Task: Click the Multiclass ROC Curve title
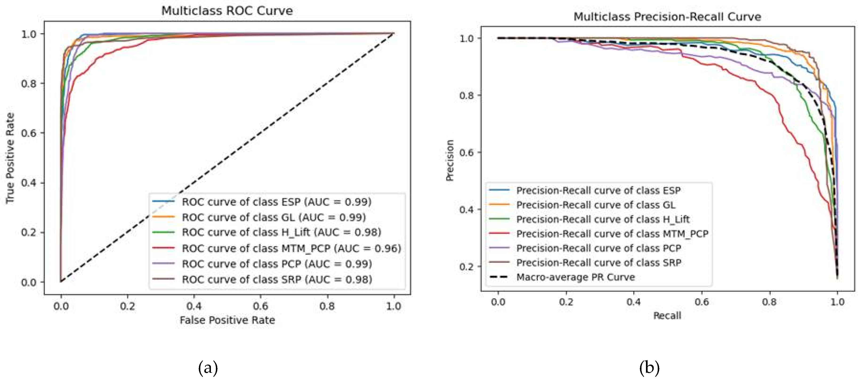point(227,11)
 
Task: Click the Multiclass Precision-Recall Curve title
point(667,17)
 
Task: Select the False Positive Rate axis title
point(227,320)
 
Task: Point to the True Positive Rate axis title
point(10,158)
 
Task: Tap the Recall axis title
point(667,316)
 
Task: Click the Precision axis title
point(450,160)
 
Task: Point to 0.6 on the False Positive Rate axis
point(260,306)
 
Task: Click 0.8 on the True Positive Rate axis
point(29,83)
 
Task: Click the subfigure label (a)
point(208,368)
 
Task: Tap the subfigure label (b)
point(649,368)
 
